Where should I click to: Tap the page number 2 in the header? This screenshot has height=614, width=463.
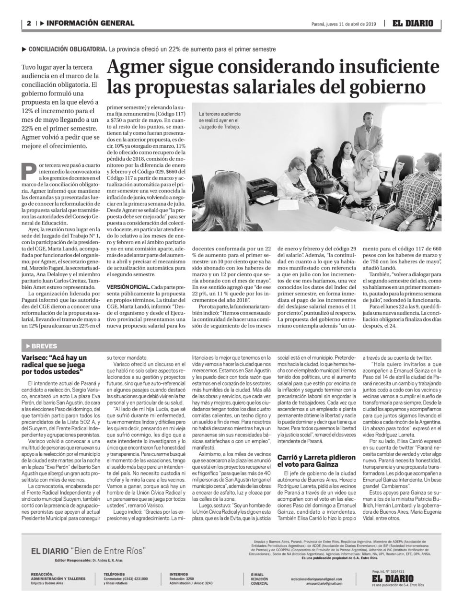click(29, 23)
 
